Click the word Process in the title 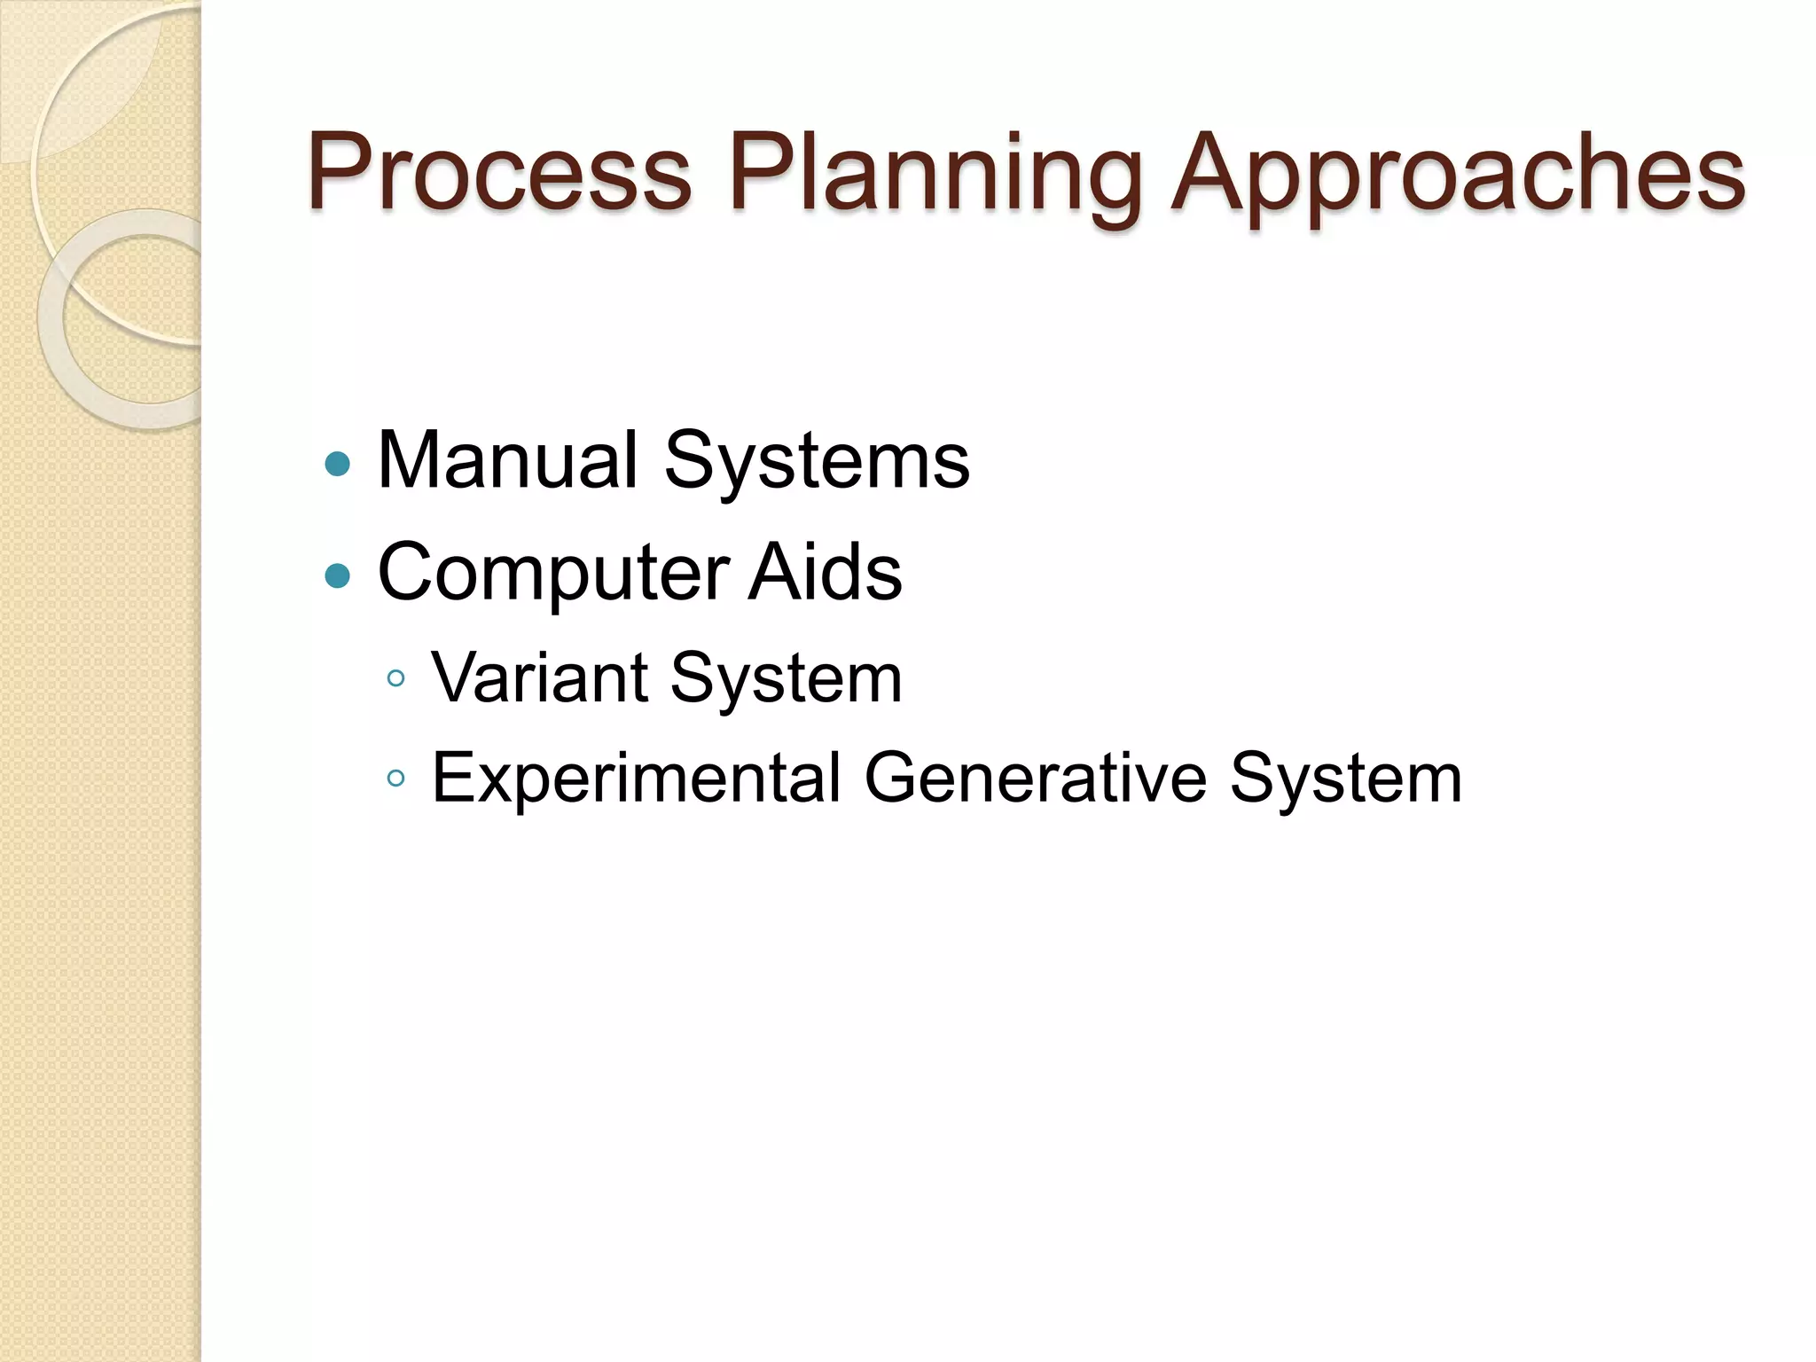pos(499,173)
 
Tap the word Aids pos(825,572)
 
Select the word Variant pos(540,678)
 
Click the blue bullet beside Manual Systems pos(338,464)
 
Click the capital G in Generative pos(895,778)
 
